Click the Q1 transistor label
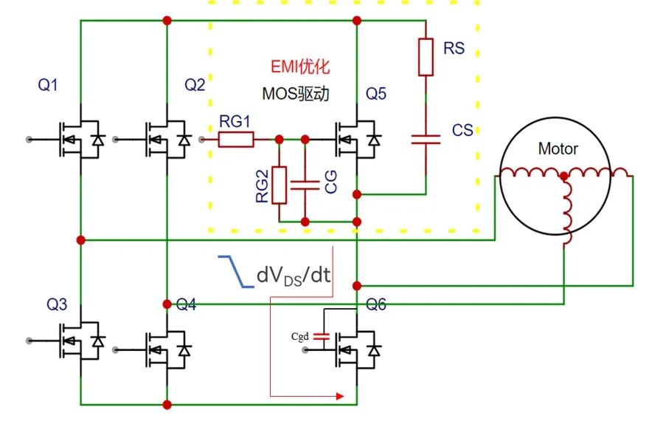click(x=48, y=85)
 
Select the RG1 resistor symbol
click(x=236, y=138)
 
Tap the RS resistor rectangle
click(x=426, y=57)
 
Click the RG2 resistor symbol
click(x=280, y=185)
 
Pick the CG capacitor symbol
click(x=305, y=184)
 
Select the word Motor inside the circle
click(x=558, y=149)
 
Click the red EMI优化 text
click(x=299, y=67)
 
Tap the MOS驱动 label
click(x=295, y=95)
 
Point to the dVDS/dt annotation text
click(x=293, y=275)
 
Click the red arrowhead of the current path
click(x=340, y=397)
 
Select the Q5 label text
click(x=375, y=94)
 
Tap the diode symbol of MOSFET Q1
click(x=97, y=139)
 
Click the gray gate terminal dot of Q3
click(x=29, y=340)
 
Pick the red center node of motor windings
click(x=564, y=176)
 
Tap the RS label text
click(x=454, y=49)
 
